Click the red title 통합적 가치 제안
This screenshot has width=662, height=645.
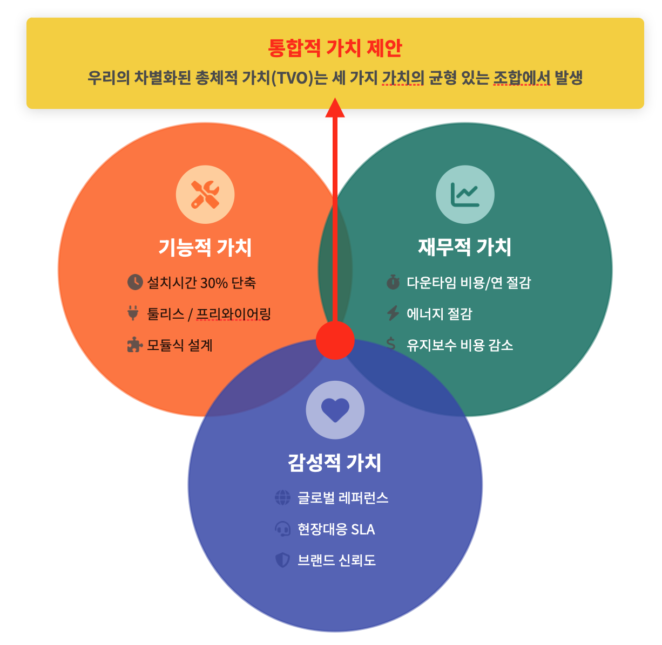335,48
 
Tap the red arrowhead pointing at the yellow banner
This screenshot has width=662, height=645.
335,107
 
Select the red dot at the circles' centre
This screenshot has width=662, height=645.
335,340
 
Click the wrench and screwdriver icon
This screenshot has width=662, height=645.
205,195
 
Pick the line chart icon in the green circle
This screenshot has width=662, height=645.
465,195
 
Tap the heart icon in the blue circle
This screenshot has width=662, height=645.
335,410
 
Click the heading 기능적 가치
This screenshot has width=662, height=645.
205,248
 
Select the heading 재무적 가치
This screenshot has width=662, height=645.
465,247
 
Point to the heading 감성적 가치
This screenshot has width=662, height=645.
335,463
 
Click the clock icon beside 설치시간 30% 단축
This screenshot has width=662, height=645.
134,282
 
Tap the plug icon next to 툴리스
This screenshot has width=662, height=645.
133,313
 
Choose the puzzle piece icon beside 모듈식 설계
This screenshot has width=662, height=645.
134,345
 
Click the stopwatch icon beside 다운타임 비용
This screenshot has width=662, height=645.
393,282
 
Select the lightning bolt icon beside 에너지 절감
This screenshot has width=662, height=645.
393,313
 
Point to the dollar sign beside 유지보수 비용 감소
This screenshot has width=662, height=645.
391,344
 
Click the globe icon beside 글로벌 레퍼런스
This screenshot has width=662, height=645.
282,497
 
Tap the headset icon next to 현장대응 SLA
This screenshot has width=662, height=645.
282,529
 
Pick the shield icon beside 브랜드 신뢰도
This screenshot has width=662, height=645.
282,560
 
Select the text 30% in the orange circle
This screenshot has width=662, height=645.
214,283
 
